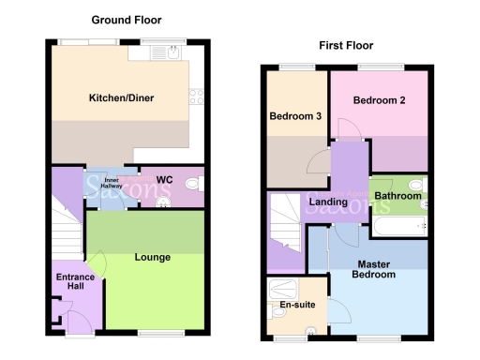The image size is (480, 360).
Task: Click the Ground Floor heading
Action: point(126,20)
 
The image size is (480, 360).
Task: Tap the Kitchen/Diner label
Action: point(121,98)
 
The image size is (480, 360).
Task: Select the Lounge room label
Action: point(152,256)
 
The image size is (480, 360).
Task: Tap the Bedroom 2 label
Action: point(379,100)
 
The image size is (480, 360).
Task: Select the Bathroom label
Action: point(397,196)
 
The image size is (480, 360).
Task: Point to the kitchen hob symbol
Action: point(197,93)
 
